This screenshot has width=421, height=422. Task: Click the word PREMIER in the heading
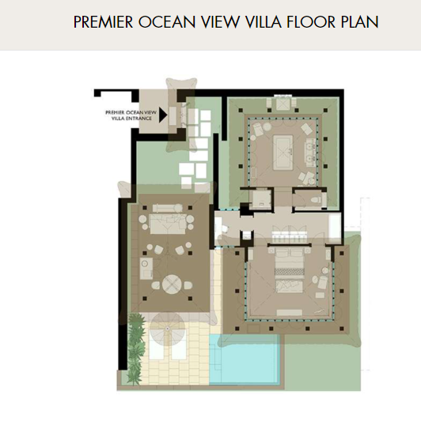pos(103,22)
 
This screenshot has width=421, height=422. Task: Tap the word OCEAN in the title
pos(167,22)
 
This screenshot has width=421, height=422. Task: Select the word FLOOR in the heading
pos(311,22)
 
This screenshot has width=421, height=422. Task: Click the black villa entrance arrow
pos(163,115)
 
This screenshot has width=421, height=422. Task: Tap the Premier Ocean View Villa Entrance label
pos(131,115)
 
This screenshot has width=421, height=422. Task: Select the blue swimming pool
pos(245,359)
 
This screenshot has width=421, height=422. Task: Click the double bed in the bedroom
pos(290,270)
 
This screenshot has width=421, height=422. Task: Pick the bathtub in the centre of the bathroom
pos(283,153)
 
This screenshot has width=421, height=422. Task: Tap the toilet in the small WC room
pos(320,200)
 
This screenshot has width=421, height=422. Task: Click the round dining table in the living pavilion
pos(172,284)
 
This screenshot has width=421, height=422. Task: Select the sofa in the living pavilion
pos(168,224)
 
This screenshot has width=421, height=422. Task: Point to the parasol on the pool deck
pos(168,329)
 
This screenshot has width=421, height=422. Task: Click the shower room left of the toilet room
pos(260,199)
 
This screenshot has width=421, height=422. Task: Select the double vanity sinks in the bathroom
pos(310,153)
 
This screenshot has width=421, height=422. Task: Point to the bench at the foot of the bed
pos(289,312)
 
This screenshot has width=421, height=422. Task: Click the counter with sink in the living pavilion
pos(146,269)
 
